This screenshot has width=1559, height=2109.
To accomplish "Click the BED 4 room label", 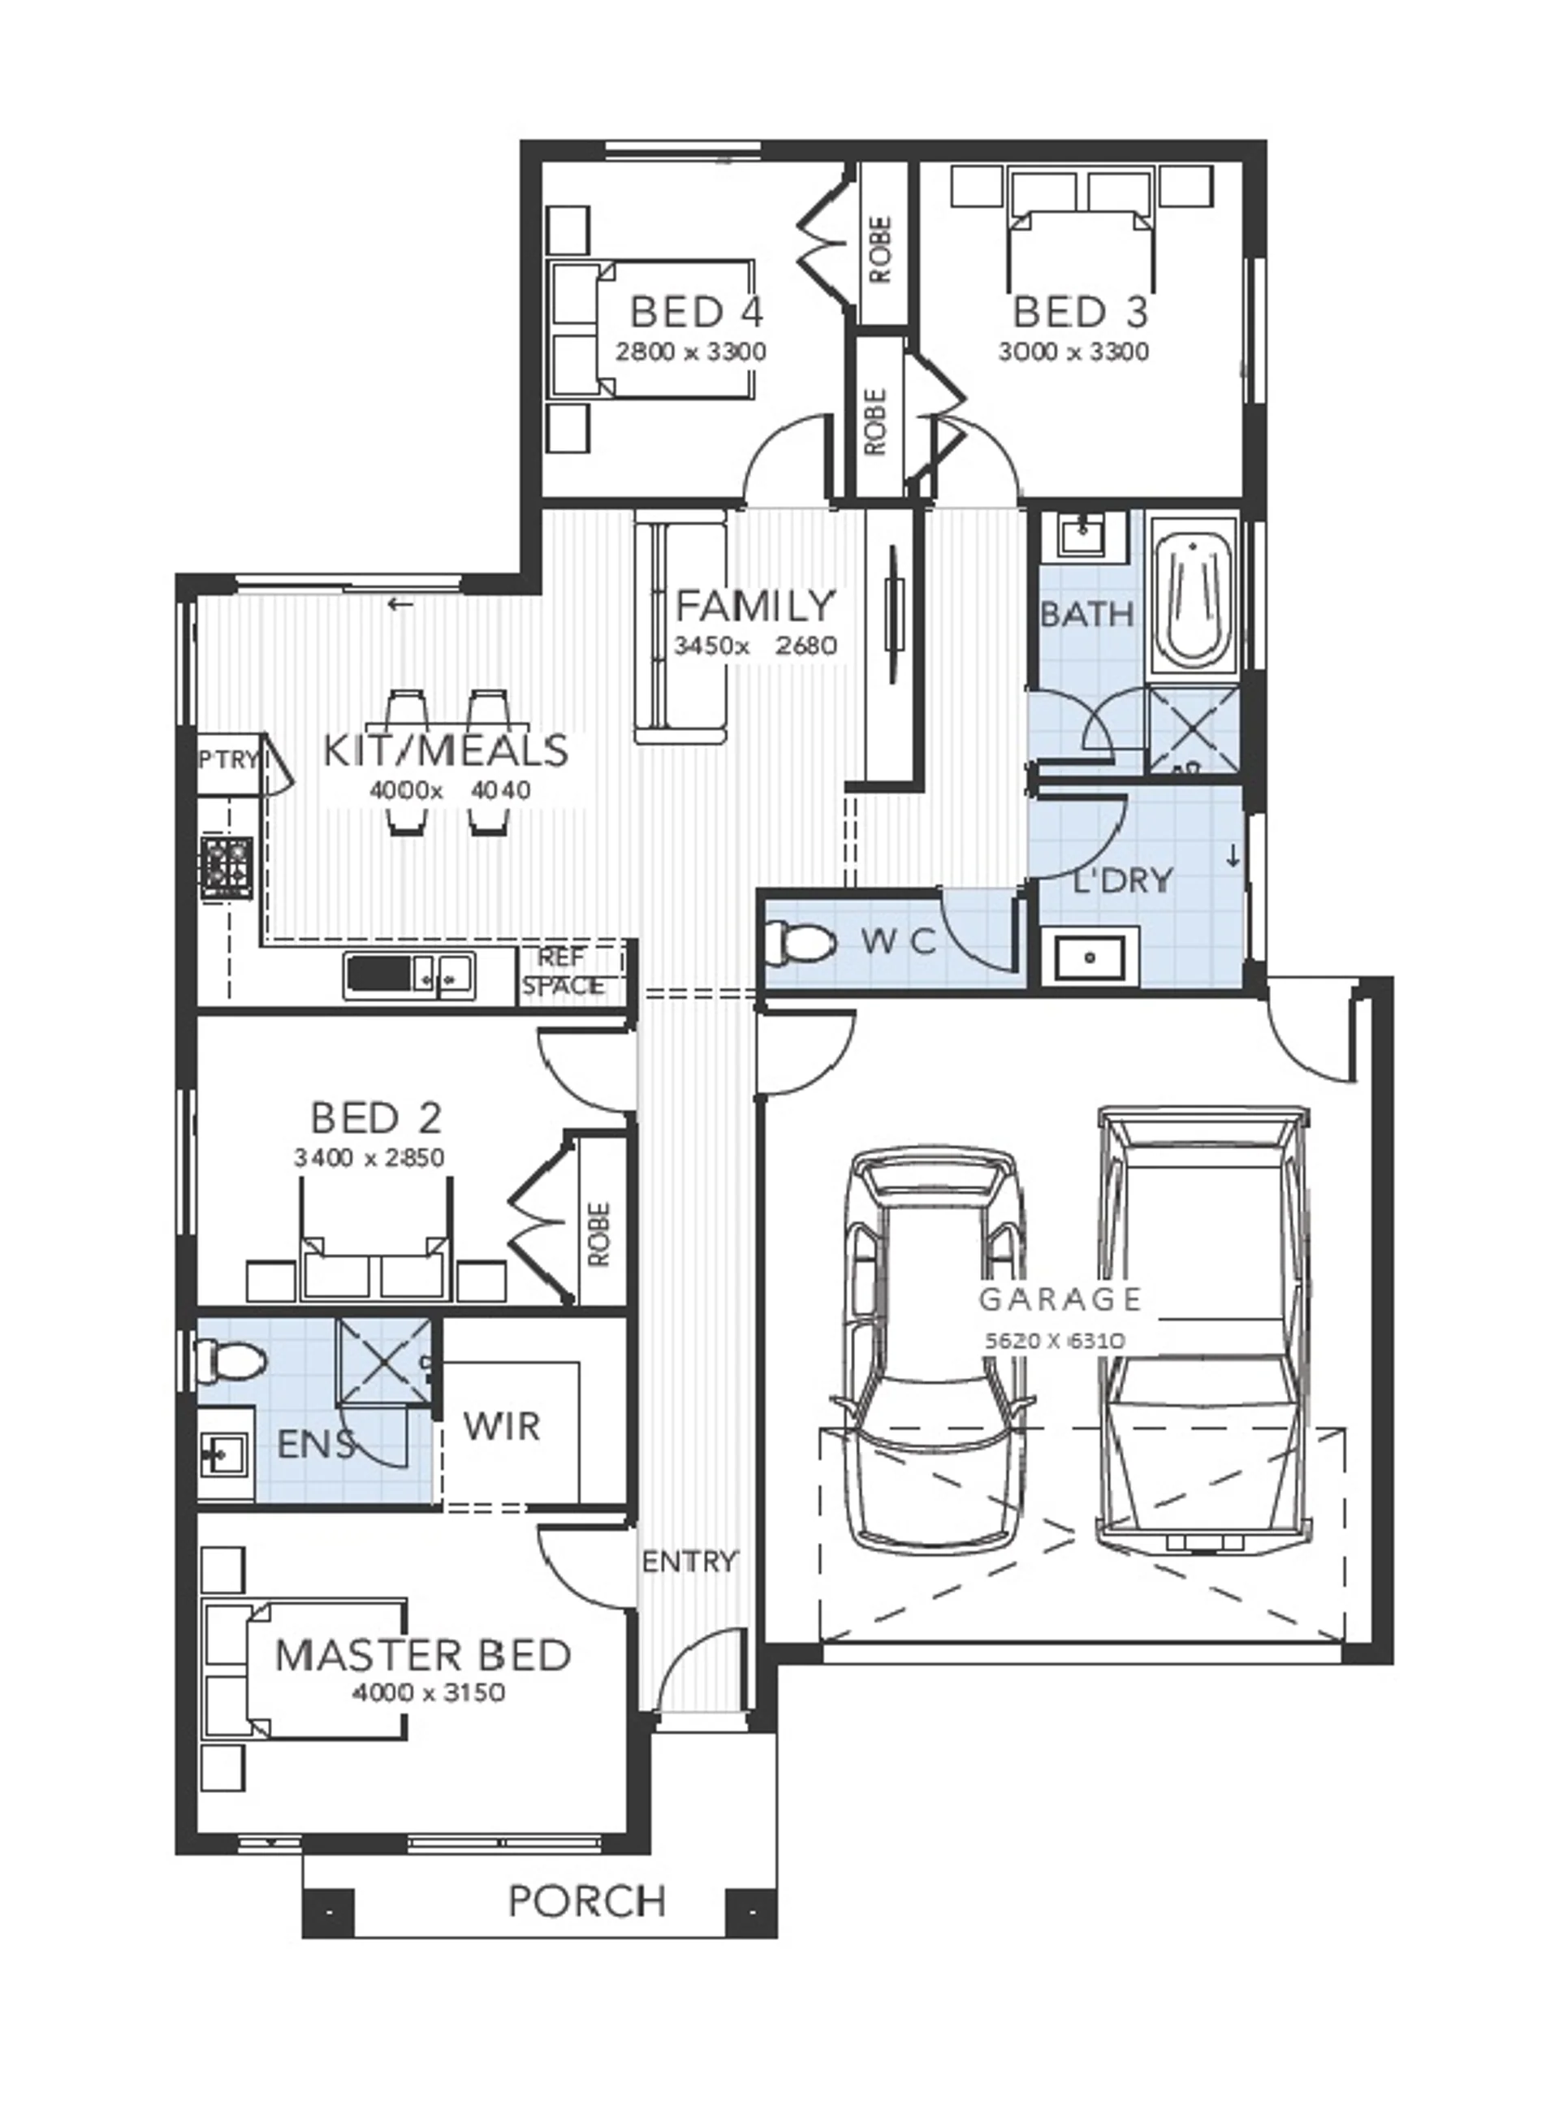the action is click(697, 310).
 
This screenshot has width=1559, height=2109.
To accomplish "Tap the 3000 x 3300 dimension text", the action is click(1074, 352).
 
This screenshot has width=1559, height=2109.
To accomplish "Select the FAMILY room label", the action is click(756, 605).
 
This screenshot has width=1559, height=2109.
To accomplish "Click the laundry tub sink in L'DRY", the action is click(1089, 957).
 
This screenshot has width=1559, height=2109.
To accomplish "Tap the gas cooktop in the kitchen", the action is click(226, 867).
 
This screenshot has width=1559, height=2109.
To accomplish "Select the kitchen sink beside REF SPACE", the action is click(409, 974).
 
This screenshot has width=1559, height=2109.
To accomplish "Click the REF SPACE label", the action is click(564, 971).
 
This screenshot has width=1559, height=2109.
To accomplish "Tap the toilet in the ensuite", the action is click(232, 1359).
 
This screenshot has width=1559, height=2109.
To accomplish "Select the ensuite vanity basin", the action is click(226, 1454).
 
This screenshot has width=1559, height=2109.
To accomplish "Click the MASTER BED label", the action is click(423, 1654).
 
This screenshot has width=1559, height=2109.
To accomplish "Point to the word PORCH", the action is click(587, 1900).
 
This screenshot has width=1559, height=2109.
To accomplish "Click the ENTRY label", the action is click(689, 1562).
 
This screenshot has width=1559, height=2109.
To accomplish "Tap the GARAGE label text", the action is click(1060, 1299).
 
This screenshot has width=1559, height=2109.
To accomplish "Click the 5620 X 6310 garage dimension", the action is click(1054, 1339).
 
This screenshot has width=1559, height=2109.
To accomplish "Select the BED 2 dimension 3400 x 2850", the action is click(369, 1157).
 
